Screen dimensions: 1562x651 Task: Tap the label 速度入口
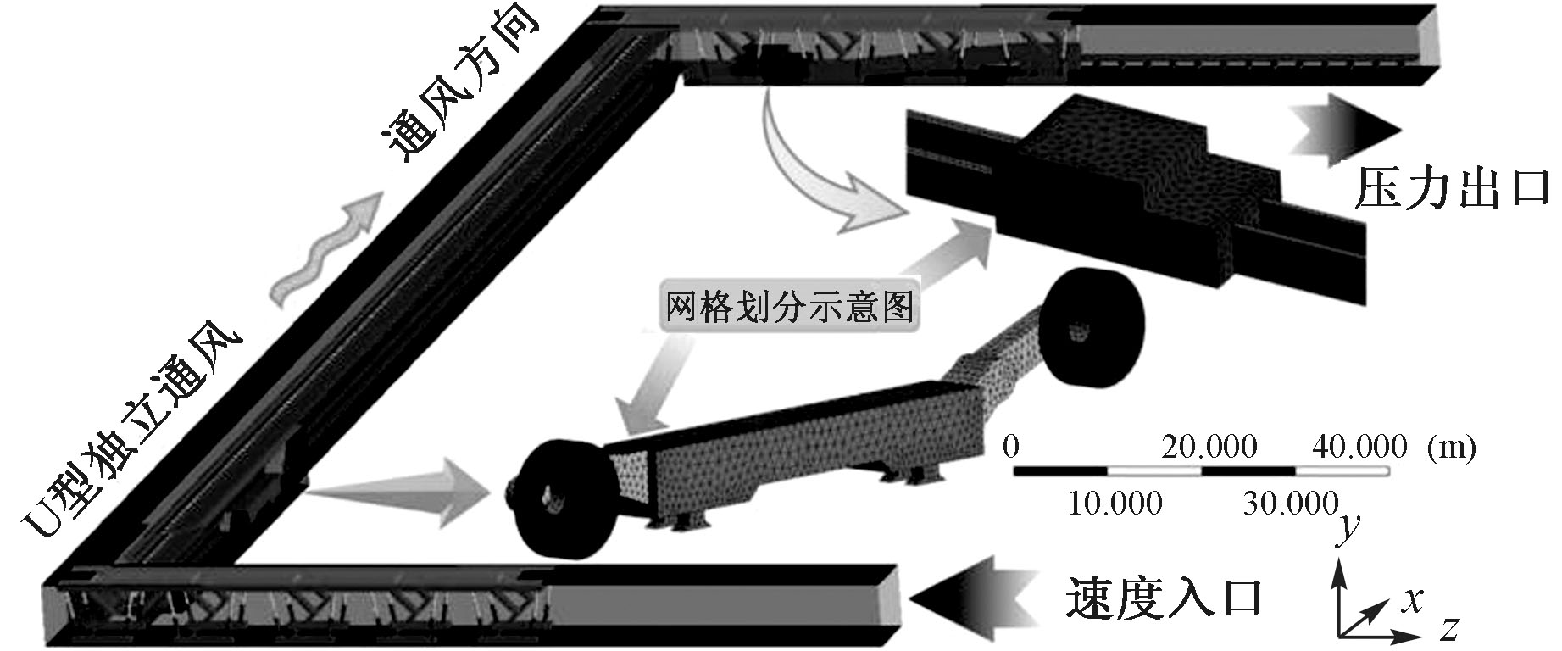point(1163,598)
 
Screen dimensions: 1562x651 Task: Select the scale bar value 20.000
point(1209,447)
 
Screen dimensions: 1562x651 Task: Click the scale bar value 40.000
point(1359,447)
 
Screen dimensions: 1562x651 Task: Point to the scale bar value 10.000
point(1115,504)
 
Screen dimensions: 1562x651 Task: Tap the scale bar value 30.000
point(1291,504)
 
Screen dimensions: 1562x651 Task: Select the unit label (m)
point(1450,447)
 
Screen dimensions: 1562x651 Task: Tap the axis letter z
point(1448,630)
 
